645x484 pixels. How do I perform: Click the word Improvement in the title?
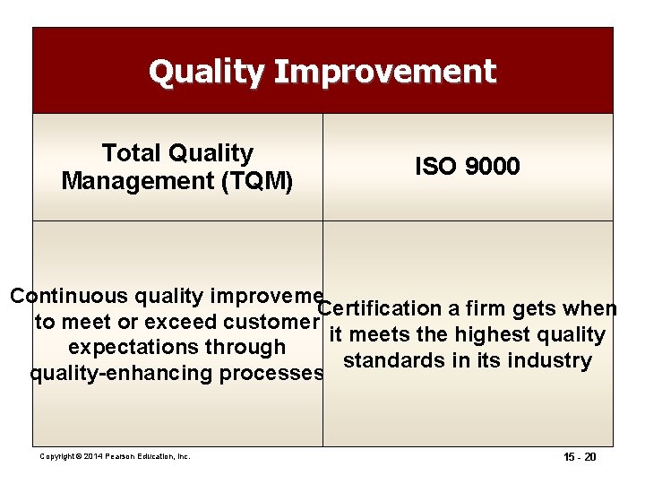point(385,72)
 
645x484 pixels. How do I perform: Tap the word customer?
point(270,322)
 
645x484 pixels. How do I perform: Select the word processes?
point(272,374)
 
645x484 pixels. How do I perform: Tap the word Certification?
point(380,309)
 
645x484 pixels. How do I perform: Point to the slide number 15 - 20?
point(578,457)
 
